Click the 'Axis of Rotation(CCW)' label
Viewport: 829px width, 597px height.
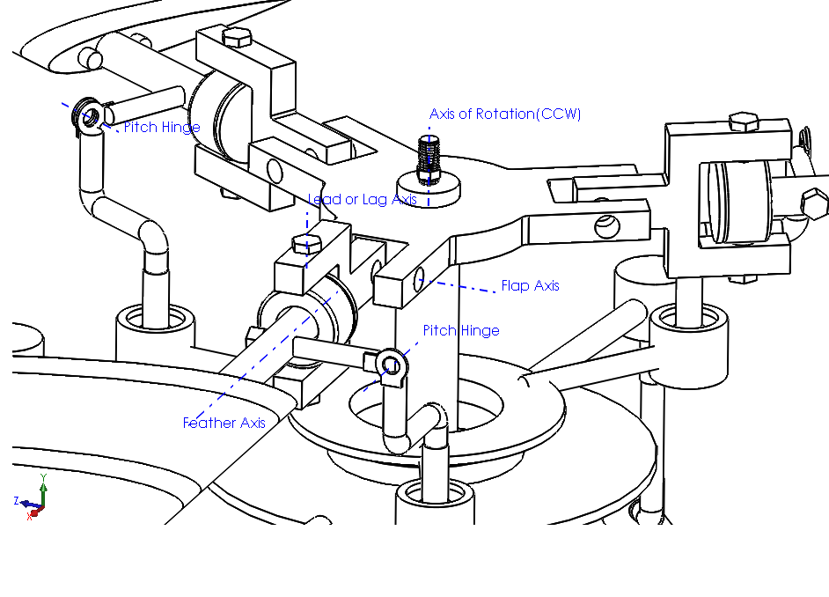505,114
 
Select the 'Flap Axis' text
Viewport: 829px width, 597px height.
530,286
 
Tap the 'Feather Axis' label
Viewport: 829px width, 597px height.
224,424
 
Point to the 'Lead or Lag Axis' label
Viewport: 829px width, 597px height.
362,200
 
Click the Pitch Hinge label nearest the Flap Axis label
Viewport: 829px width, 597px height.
461,331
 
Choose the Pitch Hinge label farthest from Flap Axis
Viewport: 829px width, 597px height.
161,128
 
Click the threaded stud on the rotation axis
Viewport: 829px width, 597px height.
429,157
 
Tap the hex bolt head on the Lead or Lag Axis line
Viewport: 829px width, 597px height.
305,244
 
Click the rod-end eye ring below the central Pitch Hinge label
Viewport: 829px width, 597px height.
390,364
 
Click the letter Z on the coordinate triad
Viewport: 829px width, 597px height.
17,500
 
